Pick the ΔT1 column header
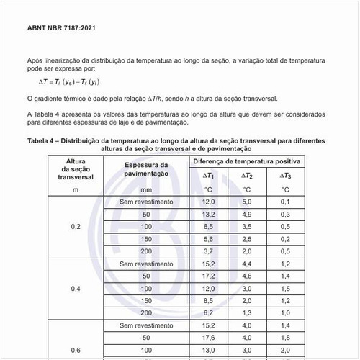(208, 176)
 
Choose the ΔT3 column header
(285, 176)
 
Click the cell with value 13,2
(208, 214)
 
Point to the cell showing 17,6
(208, 337)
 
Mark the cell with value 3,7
(208, 251)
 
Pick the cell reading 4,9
(246, 214)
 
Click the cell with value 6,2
(208, 312)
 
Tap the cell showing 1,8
(285, 337)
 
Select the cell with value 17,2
(208, 276)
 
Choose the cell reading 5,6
(208, 238)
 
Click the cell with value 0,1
(285, 202)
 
